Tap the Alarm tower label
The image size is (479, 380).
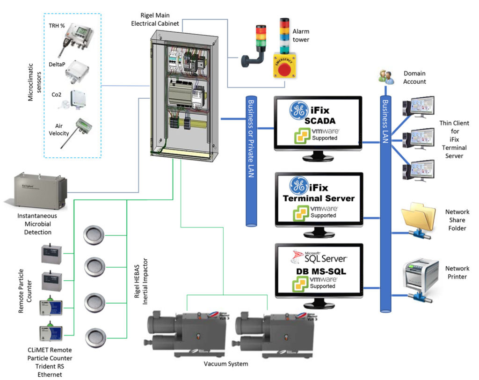point(301,36)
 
